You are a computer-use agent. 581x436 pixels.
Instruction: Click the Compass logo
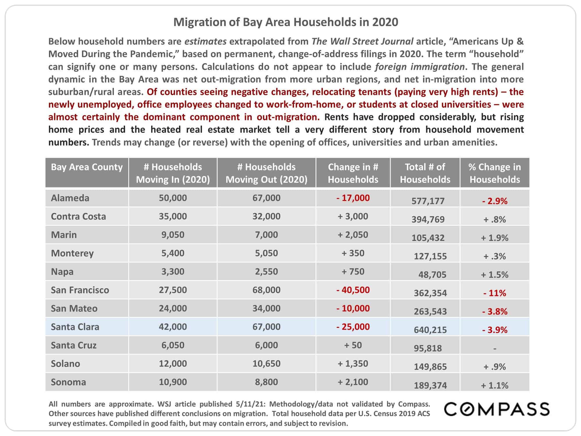point(497,409)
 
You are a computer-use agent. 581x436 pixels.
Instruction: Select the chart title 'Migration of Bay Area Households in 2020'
point(286,22)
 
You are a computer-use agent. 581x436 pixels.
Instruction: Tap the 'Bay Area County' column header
point(87,167)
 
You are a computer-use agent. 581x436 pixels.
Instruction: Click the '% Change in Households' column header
point(495,173)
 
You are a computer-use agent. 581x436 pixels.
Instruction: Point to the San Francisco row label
point(80,290)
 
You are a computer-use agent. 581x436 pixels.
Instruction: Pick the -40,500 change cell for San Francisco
point(353,290)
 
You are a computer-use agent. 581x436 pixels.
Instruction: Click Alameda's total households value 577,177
point(428,201)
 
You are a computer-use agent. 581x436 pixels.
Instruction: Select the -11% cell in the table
point(495,293)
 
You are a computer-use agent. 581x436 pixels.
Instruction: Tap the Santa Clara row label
point(75,327)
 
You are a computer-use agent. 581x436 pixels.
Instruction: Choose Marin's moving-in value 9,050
point(173,235)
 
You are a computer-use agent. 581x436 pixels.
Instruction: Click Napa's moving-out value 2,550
point(266,271)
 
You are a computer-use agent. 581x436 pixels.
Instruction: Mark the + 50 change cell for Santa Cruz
point(353,345)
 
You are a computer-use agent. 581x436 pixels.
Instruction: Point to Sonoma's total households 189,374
point(430,385)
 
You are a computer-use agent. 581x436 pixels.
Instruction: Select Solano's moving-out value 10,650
point(266,363)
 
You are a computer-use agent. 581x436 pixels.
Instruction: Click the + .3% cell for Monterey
point(495,256)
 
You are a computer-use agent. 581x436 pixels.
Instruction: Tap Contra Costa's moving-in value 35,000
point(173,216)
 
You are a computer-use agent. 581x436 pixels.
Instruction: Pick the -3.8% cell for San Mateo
point(495,311)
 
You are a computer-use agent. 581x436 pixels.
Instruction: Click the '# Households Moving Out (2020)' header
point(266,173)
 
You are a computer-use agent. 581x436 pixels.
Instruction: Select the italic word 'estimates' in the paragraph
point(205,41)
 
